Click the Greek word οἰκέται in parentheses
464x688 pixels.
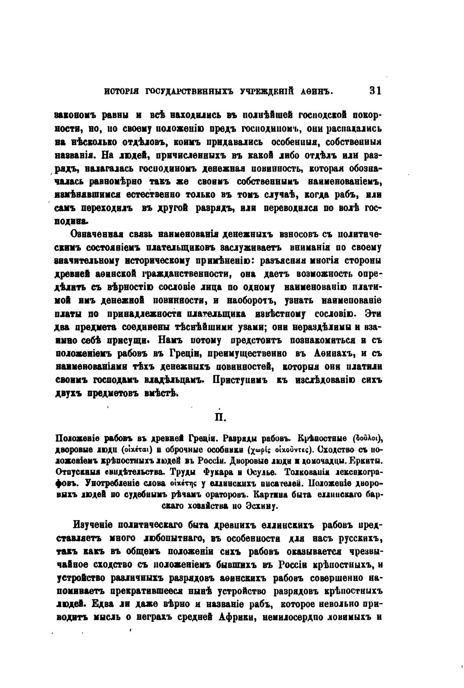tap(138, 450)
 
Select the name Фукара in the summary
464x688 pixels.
tap(217, 472)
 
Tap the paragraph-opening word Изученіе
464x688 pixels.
tap(95, 525)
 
